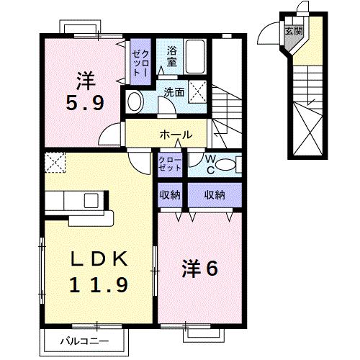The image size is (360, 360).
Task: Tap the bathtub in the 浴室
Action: tap(195, 55)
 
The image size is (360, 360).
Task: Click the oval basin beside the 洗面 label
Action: tap(134, 101)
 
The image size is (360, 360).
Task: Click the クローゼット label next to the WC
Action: tap(171, 164)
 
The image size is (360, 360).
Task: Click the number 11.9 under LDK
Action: tap(99, 285)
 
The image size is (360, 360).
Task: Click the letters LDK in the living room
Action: tap(99, 258)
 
